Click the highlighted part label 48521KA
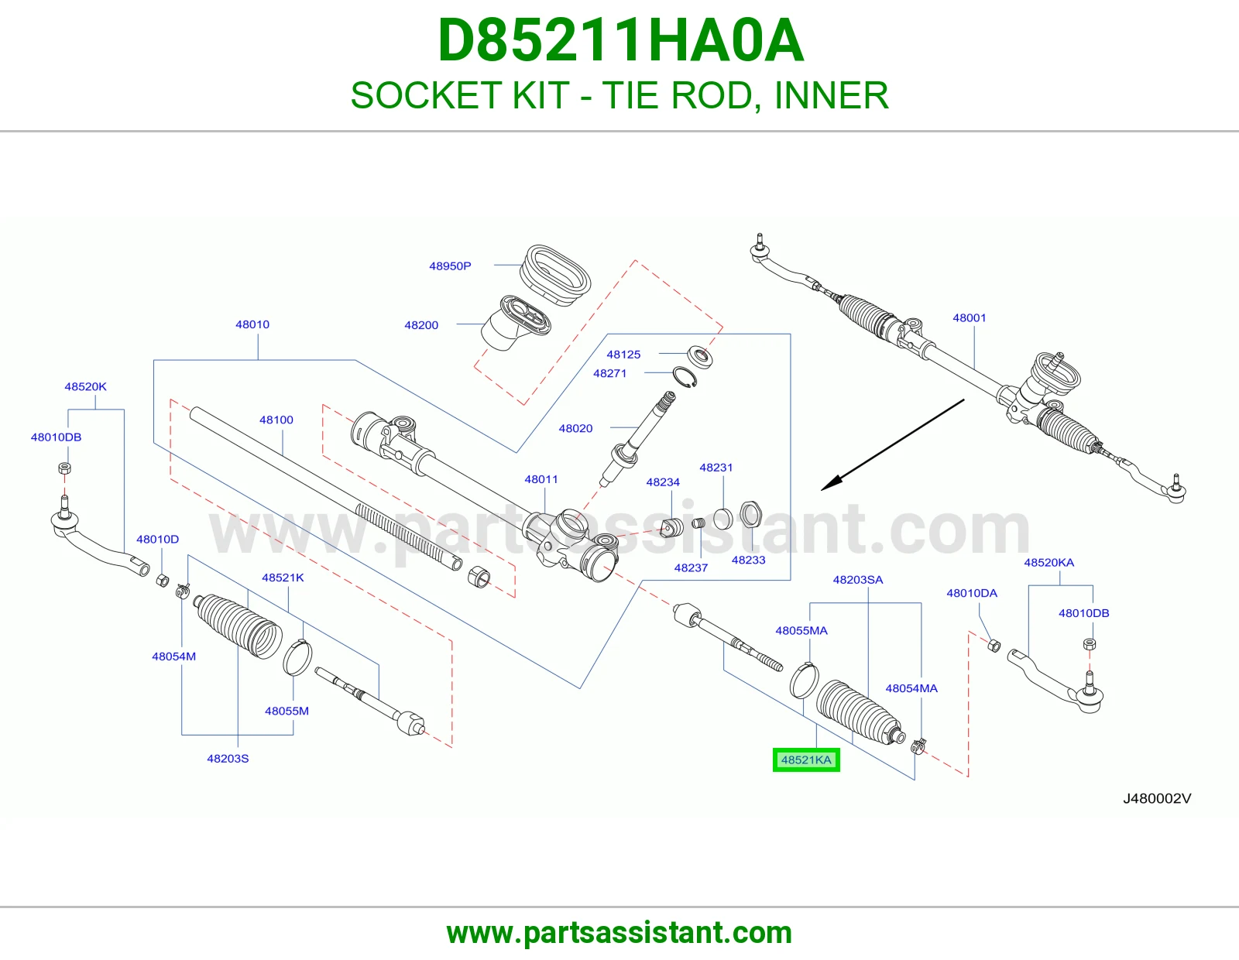click(x=805, y=760)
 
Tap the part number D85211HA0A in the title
click(x=620, y=41)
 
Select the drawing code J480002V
click(x=1157, y=799)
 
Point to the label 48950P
click(x=450, y=266)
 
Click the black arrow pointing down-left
click(x=892, y=444)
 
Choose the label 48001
click(x=970, y=318)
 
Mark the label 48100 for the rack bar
click(x=276, y=420)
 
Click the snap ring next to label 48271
click(x=685, y=378)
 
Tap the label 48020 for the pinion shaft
click(x=575, y=429)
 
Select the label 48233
click(x=748, y=561)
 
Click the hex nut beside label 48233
click(x=751, y=515)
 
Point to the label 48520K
click(x=85, y=386)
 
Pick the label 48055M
click(x=287, y=711)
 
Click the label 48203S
click(x=228, y=759)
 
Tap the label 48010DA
click(x=972, y=594)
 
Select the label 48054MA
click(x=911, y=689)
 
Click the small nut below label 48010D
click(x=163, y=581)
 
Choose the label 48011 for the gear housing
click(x=541, y=480)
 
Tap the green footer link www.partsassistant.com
click(x=619, y=933)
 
